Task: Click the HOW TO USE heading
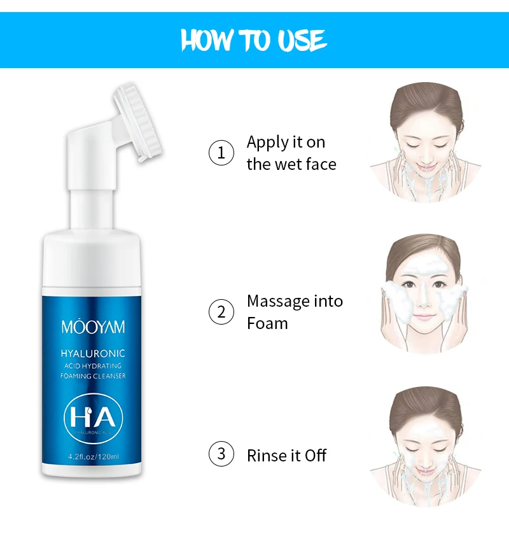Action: tap(254, 40)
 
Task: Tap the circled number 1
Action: tap(221, 153)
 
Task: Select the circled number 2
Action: tap(221, 312)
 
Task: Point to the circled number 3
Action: tap(221, 454)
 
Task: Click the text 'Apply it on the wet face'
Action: tap(291, 153)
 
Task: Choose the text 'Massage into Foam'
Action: tap(295, 312)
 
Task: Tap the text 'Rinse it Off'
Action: tap(286, 455)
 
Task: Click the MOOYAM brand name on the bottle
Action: tap(94, 328)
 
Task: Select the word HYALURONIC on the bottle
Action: tap(93, 353)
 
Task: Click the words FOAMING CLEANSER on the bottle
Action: tap(94, 376)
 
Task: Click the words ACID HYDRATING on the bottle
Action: tap(94, 365)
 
